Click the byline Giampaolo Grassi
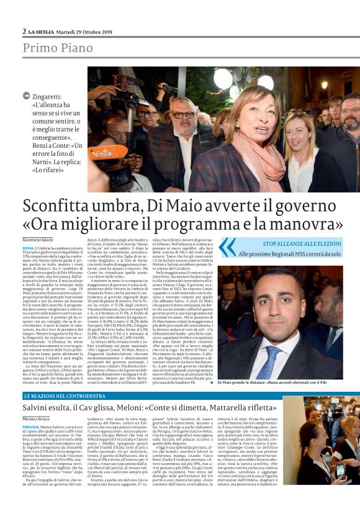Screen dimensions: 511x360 pos(39,240)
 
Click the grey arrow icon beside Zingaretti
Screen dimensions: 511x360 pos(26,96)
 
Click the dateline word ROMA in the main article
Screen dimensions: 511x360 pos(28,248)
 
